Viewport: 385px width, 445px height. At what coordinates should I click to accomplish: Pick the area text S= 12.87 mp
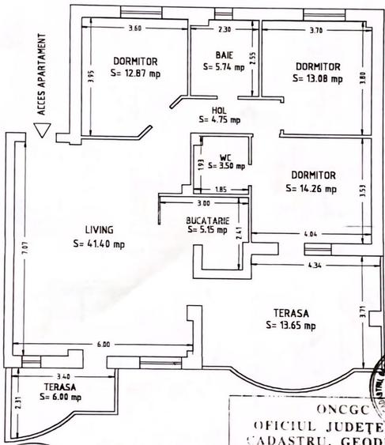pyautogui.click(x=135, y=74)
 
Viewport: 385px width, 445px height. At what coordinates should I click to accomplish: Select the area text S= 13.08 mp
pyautogui.click(x=317, y=79)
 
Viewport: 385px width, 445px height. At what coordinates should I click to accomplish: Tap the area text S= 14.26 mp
pyautogui.click(x=313, y=189)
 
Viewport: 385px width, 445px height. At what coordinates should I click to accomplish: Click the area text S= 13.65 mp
pyautogui.click(x=293, y=325)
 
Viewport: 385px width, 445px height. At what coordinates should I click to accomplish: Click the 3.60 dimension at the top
pyautogui.click(x=134, y=28)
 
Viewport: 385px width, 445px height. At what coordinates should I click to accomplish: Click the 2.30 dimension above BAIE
pyautogui.click(x=224, y=29)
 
